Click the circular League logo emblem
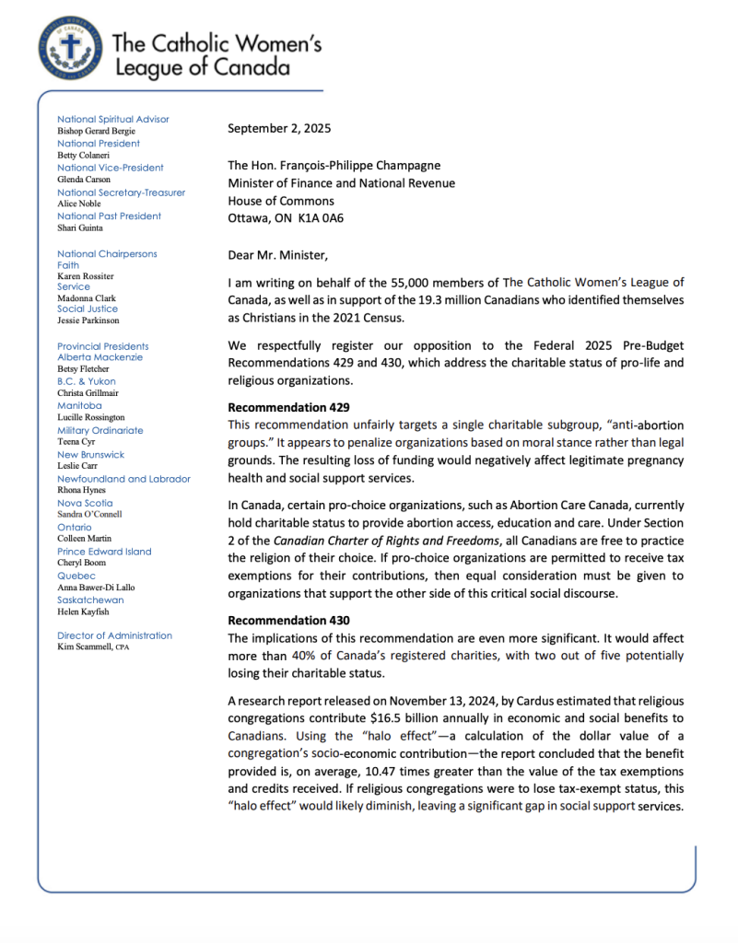71,46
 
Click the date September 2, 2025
279,129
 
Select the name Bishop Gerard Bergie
96,132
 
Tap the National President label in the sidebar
99,144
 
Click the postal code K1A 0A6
333,218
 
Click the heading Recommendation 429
287,405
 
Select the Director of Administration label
114,635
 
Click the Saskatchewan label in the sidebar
90,600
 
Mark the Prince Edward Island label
104,552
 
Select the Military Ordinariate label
100,430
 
